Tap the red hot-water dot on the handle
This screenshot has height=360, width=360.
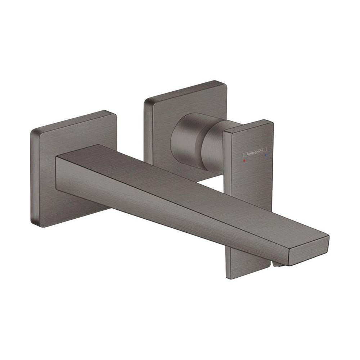click(244, 158)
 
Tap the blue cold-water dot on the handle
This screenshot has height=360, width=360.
click(266, 155)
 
